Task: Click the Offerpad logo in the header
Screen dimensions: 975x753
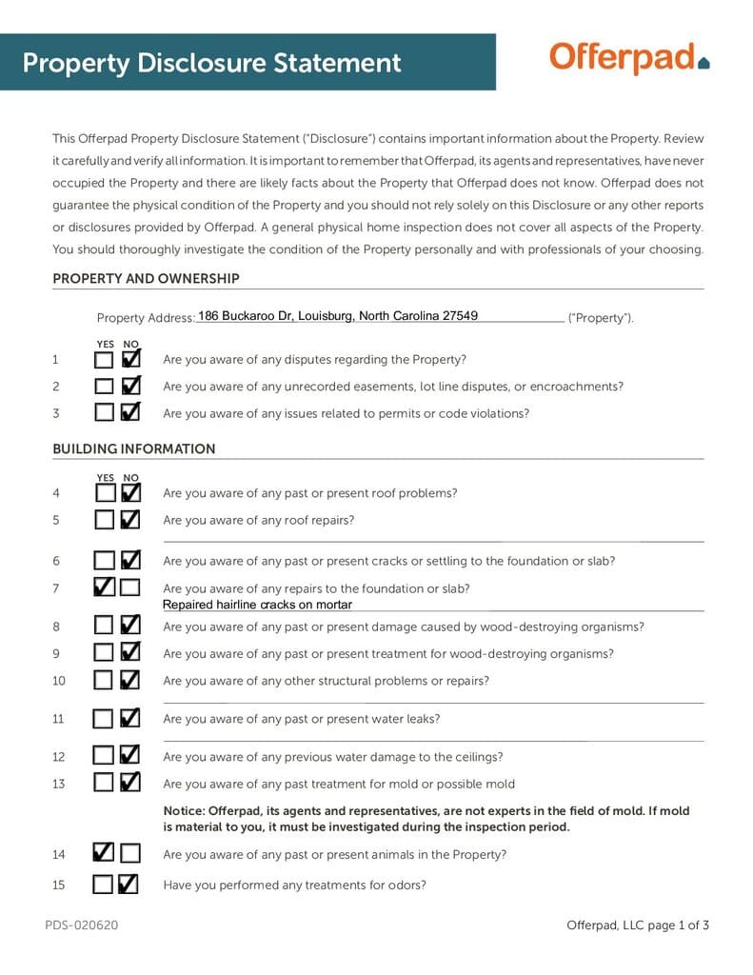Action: [x=629, y=58]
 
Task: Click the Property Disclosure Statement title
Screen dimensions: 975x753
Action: [x=211, y=63]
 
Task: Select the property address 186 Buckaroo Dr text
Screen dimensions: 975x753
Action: [x=337, y=316]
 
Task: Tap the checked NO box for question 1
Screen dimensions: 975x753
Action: [x=130, y=360]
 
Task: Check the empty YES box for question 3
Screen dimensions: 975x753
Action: [x=104, y=413]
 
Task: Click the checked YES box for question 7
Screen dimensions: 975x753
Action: [x=104, y=587]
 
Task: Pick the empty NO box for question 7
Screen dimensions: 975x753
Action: [x=130, y=587]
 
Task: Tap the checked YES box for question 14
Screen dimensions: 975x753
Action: [x=104, y=853]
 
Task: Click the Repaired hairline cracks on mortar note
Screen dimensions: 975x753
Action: [x=257, y=605]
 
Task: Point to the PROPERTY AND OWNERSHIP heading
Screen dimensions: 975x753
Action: [x=146, y=279]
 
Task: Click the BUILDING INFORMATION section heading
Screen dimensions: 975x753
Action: [x=133, y=448]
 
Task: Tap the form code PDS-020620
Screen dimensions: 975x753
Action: [x=81, y=925]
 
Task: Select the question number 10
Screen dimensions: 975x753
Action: [x=59, y=681]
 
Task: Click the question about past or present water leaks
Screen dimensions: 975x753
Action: [x=301, y=719]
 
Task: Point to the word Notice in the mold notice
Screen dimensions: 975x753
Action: [x=183, y=810]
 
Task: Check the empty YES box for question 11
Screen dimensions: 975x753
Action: [x=104, y=719]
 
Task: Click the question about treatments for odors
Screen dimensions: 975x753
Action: [x=294, y=885]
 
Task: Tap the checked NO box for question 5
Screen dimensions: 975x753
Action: [x=130, y=520]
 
